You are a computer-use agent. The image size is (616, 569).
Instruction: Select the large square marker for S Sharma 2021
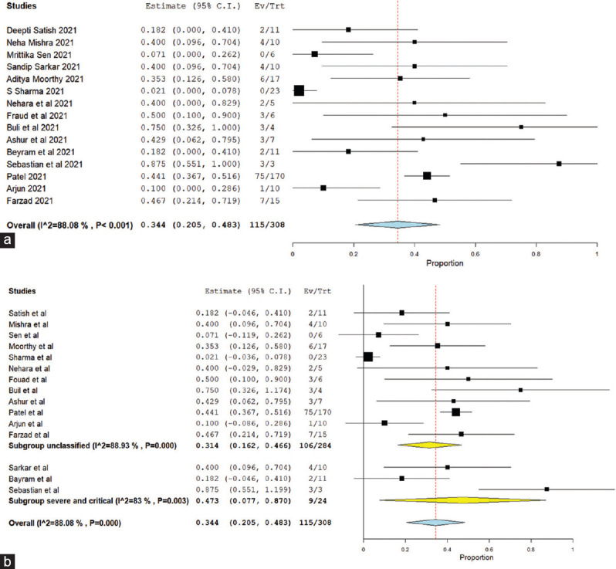(299, 90)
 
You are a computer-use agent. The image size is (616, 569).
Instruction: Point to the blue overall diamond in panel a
(398, 225)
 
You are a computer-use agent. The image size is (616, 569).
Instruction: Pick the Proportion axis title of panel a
(444, 262)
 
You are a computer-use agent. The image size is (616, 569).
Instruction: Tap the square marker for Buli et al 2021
(521, 127)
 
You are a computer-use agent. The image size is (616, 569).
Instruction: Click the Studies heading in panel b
(23, 292)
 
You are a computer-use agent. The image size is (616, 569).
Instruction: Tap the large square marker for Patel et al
(455, 412)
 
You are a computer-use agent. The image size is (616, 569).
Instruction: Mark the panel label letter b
(7, 560)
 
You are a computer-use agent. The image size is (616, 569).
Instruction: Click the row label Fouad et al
(29, 379)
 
